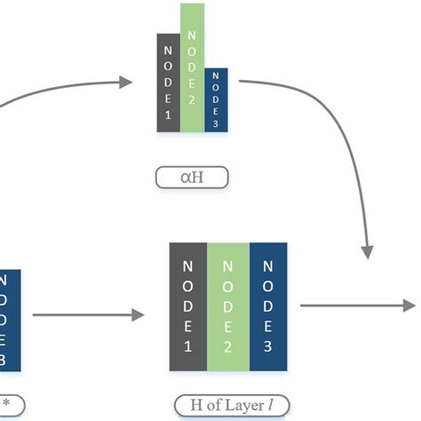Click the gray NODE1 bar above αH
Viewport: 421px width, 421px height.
(x=169, y=83)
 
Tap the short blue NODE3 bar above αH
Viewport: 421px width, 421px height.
(x=216, y=100)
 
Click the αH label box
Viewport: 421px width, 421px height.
(x=192, y=179)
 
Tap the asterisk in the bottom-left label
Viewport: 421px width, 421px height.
(x=6, y=401)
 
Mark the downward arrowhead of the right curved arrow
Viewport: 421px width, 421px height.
(x=369, y=251)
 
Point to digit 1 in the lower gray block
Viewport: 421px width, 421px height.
(x=187, y=346)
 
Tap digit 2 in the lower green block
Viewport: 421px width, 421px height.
(x=227, y=346)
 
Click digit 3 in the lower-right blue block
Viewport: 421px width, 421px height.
(x=267, y=346)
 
